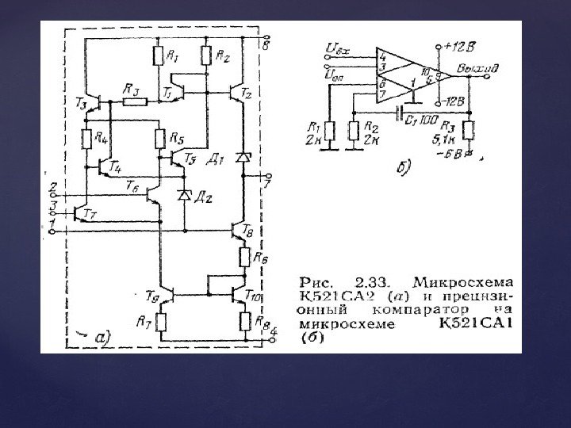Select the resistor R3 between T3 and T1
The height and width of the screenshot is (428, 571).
pyautogui.click(x=134, y=101)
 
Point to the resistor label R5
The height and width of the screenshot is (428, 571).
pyautogui.click(x=176, y=137)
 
